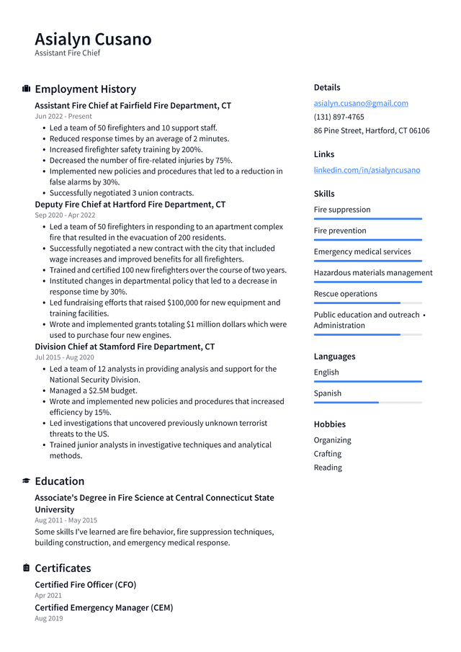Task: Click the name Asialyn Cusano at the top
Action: pyautogui.click(x=93, y=39)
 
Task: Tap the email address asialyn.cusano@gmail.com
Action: pyautogui.click(x=361, y=103)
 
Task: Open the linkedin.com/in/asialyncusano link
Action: pyautogui.click(x=367, y=170)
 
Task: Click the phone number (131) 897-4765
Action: pyautogui.click(x=339, y=117)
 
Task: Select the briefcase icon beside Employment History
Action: pyautogui.click(x=26, y=89)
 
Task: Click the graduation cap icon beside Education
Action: pyautogui.click(x=26, y=481)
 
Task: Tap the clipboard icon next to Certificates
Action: pyautogui.click(x=26, y=568)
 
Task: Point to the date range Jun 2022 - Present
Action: pyautogui.click(x=63, y=116)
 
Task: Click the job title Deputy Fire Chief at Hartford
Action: pyautogui.click(x=130, y=205)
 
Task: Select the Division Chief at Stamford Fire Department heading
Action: pyautogui.click(x=125, y=347)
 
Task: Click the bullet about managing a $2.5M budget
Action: pyautogui.click(x=93, y=390)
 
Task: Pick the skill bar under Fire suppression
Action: pyautogui.click(x=367, y=218)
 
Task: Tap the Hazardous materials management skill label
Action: pyautogui.click(x=372, y=272)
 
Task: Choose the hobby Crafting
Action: pyautogui.click(x=327, y=454)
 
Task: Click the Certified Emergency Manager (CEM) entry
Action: pyautogui.click(x=104, y=607)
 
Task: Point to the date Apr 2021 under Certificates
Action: pyautogui.click(x=48, y=596)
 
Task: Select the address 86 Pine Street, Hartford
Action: pyautogui.click(x=371, y=130)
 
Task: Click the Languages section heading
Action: pyautogui.click(x=334, y=356)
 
